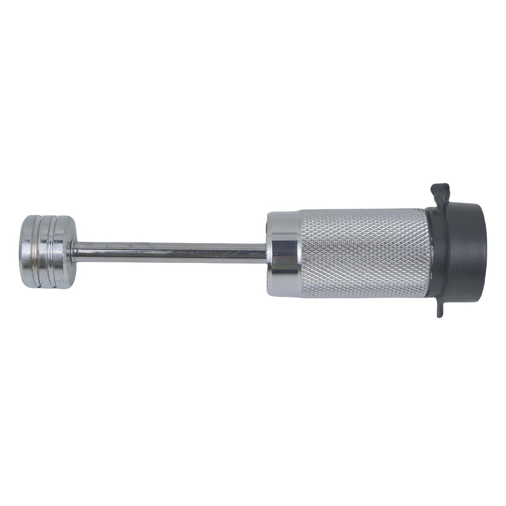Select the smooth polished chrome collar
click(x=285, y=253)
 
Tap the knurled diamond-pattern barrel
click(x=361, y=253)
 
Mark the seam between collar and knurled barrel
click(x=299, y=253)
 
